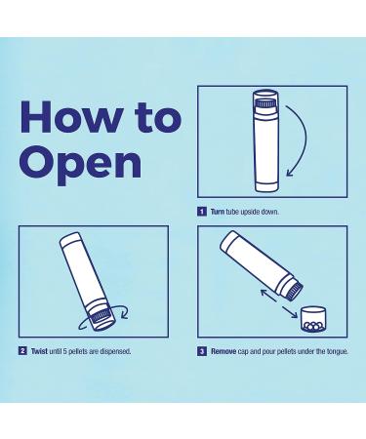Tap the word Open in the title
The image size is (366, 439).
(x=81, y=165)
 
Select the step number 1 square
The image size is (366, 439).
(x=202, y=212)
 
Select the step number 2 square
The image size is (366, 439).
(x=22, y=351)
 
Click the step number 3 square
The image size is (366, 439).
(x=202, y=351)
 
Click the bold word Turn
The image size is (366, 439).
(x=218, y=212)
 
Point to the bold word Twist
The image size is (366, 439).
(x=39, y=351)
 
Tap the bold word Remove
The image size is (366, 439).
(x=224, y=351)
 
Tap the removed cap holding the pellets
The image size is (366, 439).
(x=313, y=319)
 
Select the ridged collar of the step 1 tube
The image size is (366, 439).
(x=265, y=103)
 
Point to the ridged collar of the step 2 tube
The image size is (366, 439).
(x=100, y=315)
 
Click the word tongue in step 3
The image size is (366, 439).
(x=338, y=352)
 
